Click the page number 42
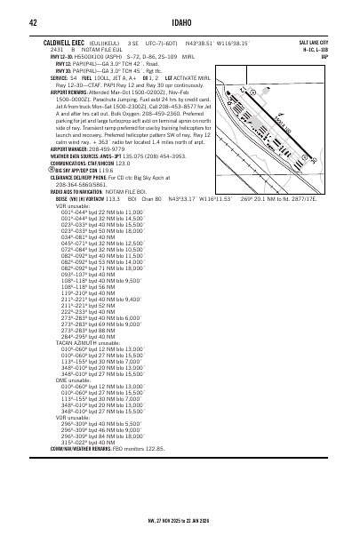pos(32,21)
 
